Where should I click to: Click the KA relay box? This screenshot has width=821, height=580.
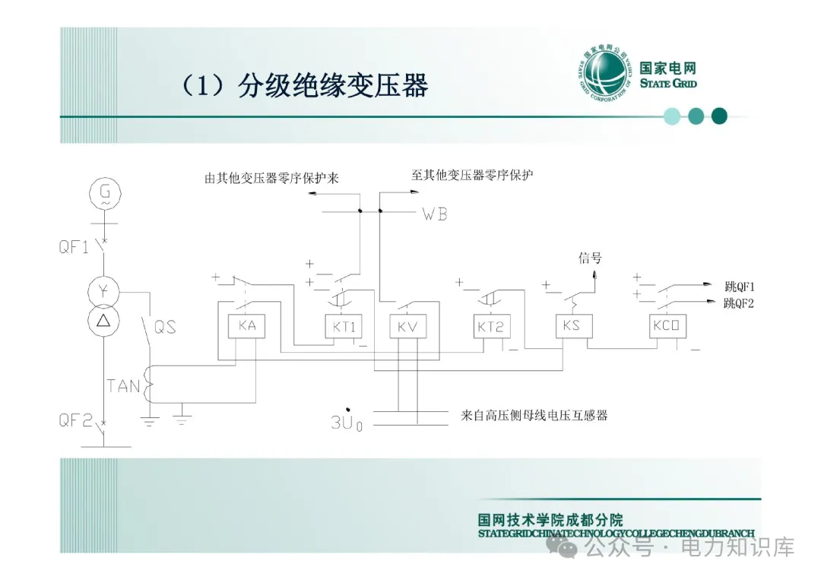coord(246,328)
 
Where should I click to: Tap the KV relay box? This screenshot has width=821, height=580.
coord(407,328)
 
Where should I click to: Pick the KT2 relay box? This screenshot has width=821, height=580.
coord(490,328)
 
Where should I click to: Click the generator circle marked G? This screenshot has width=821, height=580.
coord(105,193)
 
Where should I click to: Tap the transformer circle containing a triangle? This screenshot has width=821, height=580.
coord(105,320)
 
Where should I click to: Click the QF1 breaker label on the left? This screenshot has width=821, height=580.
coord(74,247)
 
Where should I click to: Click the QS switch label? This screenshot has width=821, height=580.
coord(165,327)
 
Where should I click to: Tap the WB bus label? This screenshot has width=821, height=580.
coord(434,214)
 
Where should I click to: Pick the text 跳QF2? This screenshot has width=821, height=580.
coord(740,303)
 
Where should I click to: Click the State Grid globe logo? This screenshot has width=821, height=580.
coord(604,76)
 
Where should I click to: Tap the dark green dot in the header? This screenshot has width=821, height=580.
coord(718,116)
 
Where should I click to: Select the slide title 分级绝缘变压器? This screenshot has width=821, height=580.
coord(333,86)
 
